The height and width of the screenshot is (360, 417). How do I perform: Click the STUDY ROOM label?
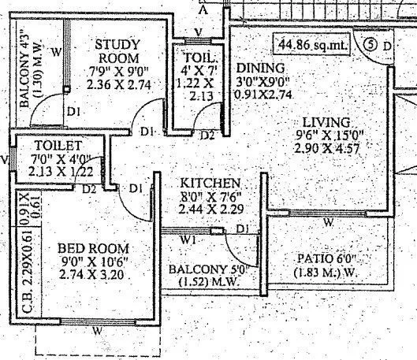click(x=118, y=52)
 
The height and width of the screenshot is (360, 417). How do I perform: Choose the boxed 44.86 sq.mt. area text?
click(x=312, y=46)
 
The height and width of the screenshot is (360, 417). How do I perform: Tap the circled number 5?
click(x=370, y=45)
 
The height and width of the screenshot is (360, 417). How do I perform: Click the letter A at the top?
click(x=204, y=10)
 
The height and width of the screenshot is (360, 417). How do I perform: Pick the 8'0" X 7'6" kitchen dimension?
click(x=203, y=196)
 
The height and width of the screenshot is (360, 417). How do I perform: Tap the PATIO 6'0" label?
click(x=326, y=258)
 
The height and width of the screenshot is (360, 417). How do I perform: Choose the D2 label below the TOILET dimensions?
click(x=89, y=189)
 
